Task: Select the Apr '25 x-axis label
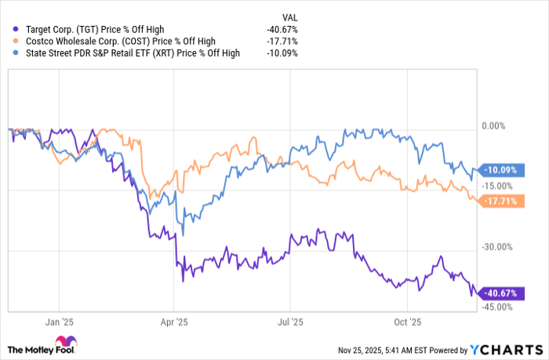click(174, 322)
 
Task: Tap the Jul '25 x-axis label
click(291, 322)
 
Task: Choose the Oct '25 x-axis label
click(409, 322)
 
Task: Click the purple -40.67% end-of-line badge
click(500, 293)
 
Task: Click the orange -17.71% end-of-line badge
click(500, 201)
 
